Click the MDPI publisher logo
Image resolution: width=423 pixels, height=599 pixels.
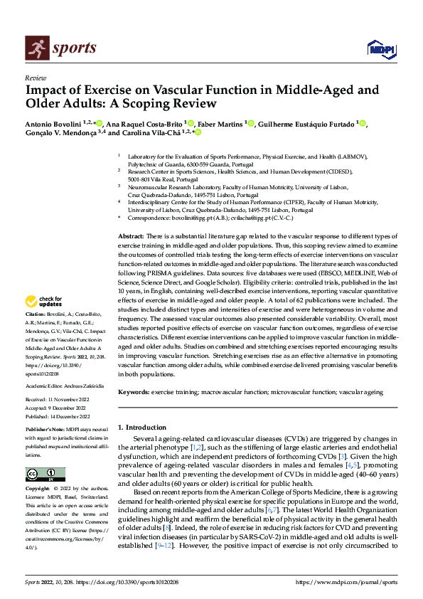click(x=380, y=48)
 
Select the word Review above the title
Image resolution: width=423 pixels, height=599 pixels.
click(x=36, y=78)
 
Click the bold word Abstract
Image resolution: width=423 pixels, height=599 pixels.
click(x=131, y=235)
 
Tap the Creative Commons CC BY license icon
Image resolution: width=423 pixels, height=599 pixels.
click(x=45, y=475)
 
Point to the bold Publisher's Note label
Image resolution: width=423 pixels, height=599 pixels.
click(x=45, y=431)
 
